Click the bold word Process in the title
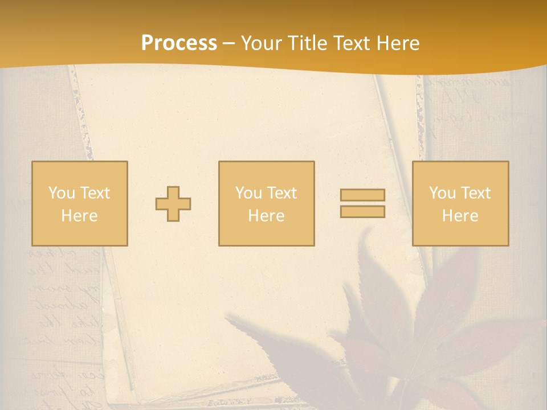pos(179,43)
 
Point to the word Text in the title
pos(355,43)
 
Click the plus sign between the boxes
pos(173,204)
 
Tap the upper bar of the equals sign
pos(362,195)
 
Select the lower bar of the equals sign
pos(362,211)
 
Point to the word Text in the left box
pos(95,193)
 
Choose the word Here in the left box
pos(79,216)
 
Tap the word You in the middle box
pos(249,193)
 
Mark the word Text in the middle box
pos(281,193)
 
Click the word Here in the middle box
pos(266,216)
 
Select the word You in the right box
pos(443,193)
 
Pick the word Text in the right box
pos(475,193)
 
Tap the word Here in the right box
pos(460,216)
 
